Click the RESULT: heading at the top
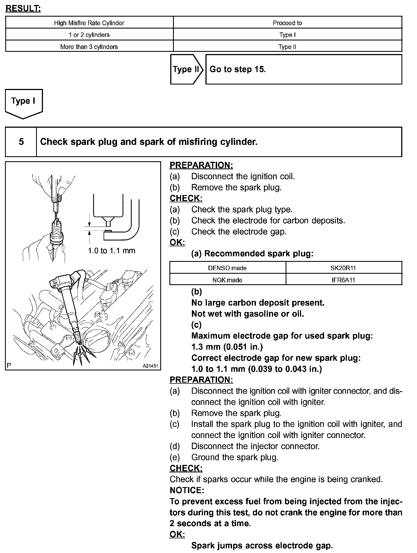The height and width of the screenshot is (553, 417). pos(23,9)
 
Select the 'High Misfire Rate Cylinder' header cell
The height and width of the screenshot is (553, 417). pos(89,23)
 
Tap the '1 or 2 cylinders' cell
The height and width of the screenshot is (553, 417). pos(89,35)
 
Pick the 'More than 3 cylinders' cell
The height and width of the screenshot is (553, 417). pos(89,47)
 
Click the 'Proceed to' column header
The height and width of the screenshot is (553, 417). pos(287,23)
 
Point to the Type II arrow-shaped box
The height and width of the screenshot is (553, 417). pos(186,69)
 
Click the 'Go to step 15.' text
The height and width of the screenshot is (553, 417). pos(238,69)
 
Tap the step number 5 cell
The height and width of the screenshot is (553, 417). pos(21,142)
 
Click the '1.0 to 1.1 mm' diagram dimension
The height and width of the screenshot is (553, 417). pos(111,251)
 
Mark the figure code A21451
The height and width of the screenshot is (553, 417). pos(150,366)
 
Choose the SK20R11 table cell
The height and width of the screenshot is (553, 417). pos(344,268)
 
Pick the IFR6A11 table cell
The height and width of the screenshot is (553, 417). pos(344,280)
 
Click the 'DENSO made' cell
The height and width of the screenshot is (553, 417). pos(227,268)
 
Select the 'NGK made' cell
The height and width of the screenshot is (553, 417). pos(227,280)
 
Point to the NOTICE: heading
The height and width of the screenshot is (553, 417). pos(187,490)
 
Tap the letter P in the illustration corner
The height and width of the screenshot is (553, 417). pos(9,365)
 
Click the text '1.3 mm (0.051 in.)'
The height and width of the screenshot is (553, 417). pos(227,347)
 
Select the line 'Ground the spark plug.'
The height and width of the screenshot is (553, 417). pos(235,457)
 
